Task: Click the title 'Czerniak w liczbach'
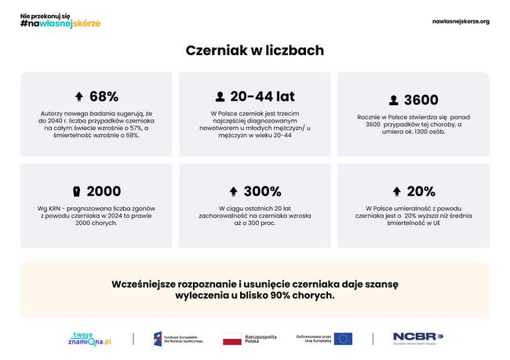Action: (254, 50)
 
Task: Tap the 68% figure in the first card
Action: (104, 96)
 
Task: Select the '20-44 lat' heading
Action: (262, 96)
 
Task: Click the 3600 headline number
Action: (421, 100)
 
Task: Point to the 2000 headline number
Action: (104, 191)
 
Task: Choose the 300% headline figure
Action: (262, 191)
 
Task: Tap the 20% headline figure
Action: (421, 191)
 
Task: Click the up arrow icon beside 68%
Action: (78, 97)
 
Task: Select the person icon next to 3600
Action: (393, 100)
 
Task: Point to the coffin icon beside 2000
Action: (76, 191)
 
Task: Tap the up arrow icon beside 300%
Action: (233, 191)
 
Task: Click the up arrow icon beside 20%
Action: (396, 191)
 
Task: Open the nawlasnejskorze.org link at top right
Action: (461, 21)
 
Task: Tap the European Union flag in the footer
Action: (343, 339)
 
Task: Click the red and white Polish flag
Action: (232, 339)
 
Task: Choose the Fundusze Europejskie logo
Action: (178, 339)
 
